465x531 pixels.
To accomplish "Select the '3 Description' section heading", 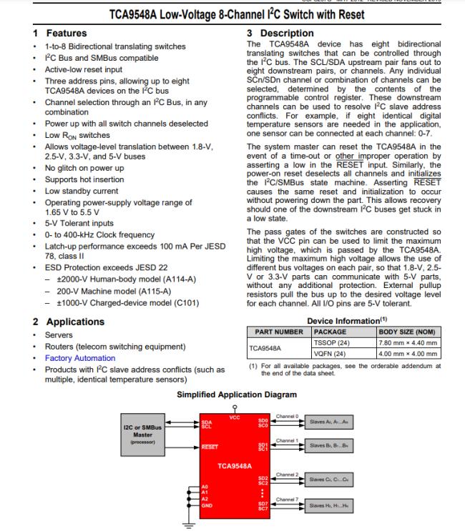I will (280, 34).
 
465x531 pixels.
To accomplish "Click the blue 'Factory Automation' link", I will (79, 358).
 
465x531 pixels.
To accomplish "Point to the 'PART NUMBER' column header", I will (278, 332).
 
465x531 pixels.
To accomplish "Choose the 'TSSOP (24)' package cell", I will (330, 343).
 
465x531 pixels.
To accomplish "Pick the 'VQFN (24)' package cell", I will (329, 354).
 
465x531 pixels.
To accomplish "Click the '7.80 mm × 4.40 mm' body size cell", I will (408, 343).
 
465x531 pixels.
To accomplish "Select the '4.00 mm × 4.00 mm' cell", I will (408, 354).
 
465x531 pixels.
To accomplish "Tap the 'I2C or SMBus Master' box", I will (142, 433).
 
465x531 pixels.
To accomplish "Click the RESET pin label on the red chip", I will (209, 447).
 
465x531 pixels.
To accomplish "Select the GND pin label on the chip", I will (206, 505).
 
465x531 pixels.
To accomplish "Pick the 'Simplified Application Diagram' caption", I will (236, 394).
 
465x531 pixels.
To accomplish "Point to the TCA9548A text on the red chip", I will (235, 465).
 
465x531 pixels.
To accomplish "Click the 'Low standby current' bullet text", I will (81, 191).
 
